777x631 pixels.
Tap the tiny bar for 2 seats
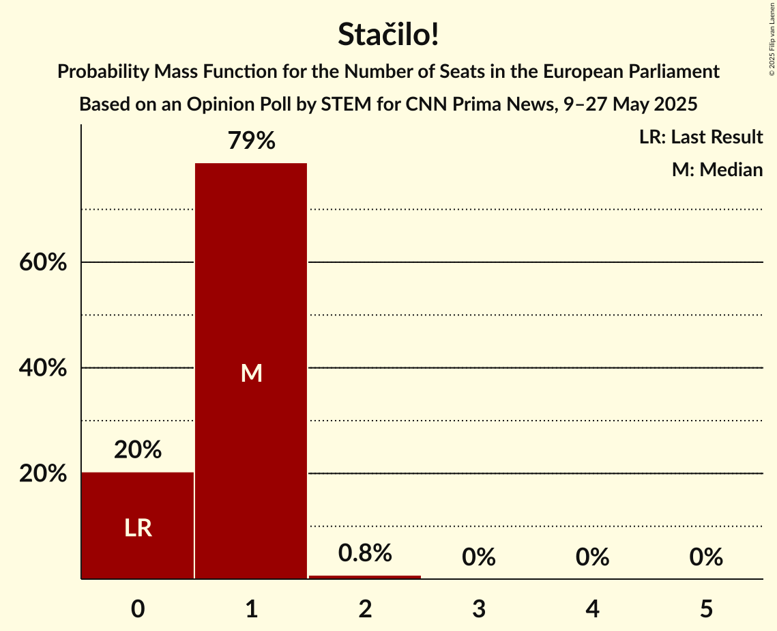[365, 577]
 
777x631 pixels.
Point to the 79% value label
[251, 141]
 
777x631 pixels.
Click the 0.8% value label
[365, 553]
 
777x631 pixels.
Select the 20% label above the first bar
[138, 450]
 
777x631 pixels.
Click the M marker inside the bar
[251, 373]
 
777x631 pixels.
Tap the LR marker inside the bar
[138, 528]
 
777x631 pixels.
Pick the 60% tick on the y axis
[43, 262]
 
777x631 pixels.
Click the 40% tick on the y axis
[43, 368]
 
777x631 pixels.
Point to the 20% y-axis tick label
[43, 474]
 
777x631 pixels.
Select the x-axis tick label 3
[479, 608]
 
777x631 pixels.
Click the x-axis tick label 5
[706, 608]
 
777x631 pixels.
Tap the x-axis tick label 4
[592, 608]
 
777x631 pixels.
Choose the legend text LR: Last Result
[701, 137]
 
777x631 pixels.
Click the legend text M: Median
[717, 169]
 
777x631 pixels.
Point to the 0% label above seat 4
[592, 557]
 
